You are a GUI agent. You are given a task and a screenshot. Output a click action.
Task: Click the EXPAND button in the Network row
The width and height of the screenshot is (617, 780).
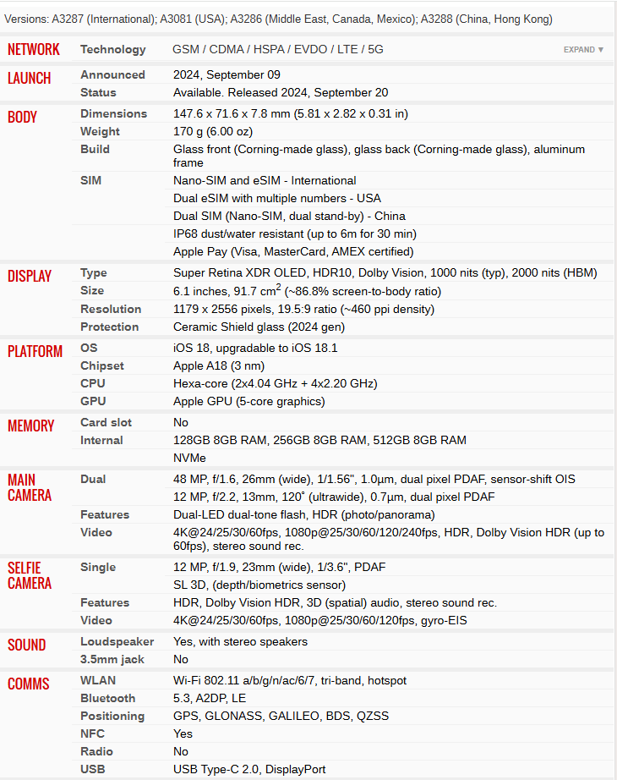583,50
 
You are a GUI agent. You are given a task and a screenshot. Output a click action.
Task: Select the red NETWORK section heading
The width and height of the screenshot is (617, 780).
34,50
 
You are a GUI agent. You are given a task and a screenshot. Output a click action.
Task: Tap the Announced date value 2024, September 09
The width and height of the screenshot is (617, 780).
227,75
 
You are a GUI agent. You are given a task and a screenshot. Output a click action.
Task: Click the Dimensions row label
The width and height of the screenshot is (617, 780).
113,114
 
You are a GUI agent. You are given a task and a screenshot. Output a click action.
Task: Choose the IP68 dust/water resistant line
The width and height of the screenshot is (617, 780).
294,234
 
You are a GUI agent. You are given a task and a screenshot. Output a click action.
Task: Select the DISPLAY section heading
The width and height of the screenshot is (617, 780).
30,276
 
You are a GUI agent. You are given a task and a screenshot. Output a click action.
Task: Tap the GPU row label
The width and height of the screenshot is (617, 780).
93,402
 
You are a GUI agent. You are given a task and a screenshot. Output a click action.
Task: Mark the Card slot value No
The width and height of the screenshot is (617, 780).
181,422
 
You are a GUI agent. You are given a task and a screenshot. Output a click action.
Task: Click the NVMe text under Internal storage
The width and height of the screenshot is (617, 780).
189,458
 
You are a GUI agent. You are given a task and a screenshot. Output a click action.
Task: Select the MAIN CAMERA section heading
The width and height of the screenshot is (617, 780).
30,487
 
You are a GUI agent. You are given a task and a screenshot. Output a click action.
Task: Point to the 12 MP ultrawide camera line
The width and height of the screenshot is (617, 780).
334,497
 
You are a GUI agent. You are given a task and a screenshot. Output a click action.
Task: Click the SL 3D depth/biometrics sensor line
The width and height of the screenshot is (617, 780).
259,585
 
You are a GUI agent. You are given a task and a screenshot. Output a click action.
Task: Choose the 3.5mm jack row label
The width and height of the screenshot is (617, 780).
112,659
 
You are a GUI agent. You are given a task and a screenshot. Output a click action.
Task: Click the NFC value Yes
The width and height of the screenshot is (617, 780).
183,734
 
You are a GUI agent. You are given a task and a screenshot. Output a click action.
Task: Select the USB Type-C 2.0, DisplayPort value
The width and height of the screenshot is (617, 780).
249,770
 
